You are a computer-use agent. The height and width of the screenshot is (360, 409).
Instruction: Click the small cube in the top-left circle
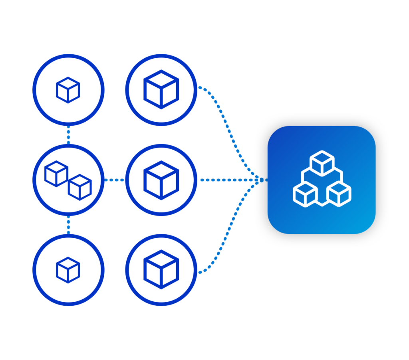[68, 90]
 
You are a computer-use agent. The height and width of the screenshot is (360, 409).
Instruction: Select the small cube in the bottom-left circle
[68, 270]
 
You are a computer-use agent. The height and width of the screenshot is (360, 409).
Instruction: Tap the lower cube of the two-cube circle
[80, 187]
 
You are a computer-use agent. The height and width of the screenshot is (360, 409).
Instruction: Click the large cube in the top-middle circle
[161, 89]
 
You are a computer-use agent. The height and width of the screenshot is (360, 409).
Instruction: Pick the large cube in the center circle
[161, 180]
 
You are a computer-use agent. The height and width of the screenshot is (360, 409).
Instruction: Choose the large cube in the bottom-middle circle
[161, 269]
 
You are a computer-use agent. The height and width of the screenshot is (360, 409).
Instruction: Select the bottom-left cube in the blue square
[305, 194]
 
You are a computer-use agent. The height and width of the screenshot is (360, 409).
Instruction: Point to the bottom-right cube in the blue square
[339, 194]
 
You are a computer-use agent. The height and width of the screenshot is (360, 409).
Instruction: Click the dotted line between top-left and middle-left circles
[69, 135]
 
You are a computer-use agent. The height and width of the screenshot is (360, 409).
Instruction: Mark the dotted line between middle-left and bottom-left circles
[69, 225]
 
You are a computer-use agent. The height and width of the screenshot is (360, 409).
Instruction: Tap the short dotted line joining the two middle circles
[115, 180]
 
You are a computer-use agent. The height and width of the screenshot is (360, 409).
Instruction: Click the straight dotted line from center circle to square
[228, 180]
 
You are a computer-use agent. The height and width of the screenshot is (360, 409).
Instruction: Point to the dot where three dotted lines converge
[262, 180]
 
